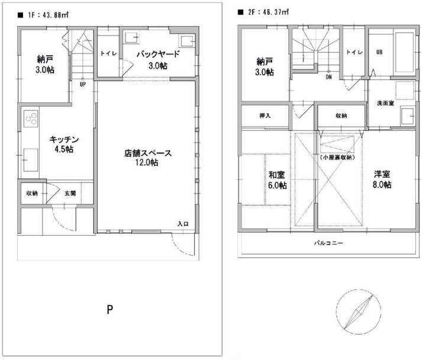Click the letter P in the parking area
pyautogui.click(x=110, y=310)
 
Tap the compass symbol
pyautogui.click(x=359, y=311)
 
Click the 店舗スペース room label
pyautogui.click(x=147, y=153)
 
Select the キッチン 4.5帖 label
pyautogui.click(x=64, y=144)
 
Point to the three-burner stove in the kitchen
pyautogui.click(x=31, y=118)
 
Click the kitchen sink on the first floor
pyautogui.click(x=31, y=160)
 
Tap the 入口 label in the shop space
pyautogui.click(x=183, y=224)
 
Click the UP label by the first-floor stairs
pyautogui.click(x=83, y=84)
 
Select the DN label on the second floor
pyautogui.click(x=328, y=77)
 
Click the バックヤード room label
pyautogui.click(x=158, y=54)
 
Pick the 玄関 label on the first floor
pyautogui.click(x=70, y=194)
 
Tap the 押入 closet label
pyautogui.click(x=265, y=115)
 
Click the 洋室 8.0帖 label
pyautogui.click(x=382, y=179)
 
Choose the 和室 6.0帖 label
pyautogui.click(x=277, y=180)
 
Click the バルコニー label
pyautogui.click(x=328, y=243)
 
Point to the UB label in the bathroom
pyautogui.click(x=379, y=52)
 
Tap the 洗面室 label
pyautogui.click(x=386, y=103)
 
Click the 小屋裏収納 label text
pyautogui.click(x=337, y=157)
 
